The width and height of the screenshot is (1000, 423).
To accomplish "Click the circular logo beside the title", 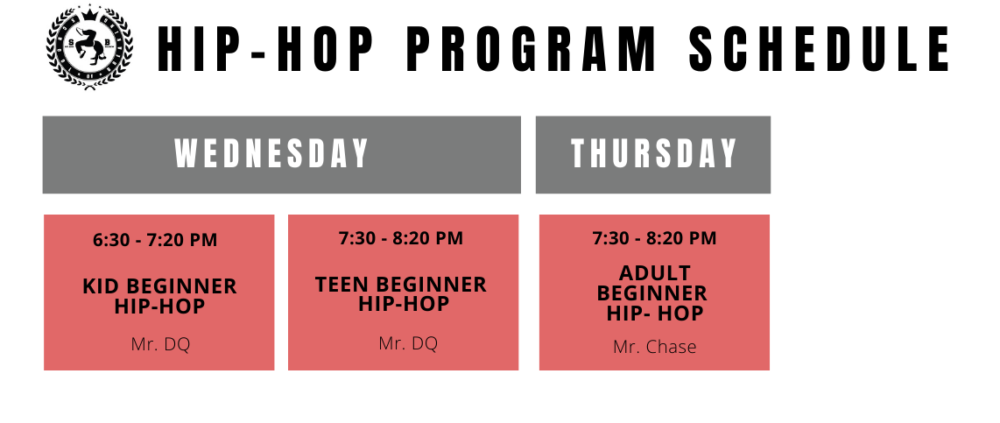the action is point(89,48).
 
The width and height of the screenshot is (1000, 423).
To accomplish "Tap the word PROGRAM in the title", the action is point(531,48).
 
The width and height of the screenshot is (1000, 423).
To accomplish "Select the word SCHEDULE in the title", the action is point(820,48).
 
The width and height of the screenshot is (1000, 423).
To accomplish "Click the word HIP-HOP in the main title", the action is point(264,48).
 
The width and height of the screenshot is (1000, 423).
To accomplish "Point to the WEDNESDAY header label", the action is point(272,154).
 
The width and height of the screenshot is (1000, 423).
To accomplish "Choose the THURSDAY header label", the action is point(654,154).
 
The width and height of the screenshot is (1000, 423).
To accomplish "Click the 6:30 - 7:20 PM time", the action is point(155,240).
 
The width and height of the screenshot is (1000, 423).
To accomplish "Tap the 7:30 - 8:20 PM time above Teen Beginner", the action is point(401,238).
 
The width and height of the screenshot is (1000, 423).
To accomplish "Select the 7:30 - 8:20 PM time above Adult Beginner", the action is point(654,238).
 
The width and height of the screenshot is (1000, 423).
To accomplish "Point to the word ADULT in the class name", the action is point(654,273).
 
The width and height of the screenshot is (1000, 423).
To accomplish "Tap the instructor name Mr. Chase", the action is point(654,347).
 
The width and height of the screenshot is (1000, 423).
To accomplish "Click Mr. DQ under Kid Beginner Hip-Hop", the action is point(161,344).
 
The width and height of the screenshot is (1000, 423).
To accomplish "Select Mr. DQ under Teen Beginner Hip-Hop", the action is point(408,343).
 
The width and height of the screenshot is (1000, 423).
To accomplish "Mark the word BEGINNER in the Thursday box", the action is point(652,293).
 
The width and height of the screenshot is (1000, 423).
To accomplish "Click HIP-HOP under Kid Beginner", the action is point(160,307).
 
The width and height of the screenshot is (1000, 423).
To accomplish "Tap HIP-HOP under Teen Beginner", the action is point(404,304).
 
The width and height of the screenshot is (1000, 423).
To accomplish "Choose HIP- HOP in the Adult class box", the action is point(655,314).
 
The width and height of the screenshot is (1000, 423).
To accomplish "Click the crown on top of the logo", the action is point(89,12).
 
